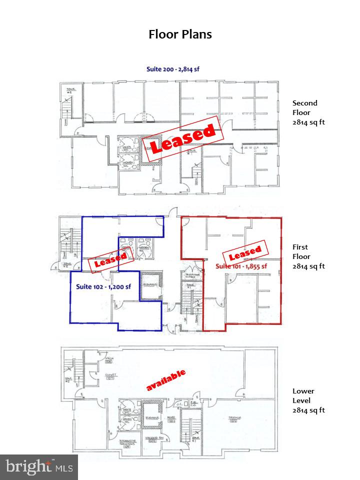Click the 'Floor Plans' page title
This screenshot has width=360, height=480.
click(180, 34)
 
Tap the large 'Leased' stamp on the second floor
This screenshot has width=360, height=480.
click(183, 139)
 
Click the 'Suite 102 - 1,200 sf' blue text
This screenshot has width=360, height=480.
click(103, 286)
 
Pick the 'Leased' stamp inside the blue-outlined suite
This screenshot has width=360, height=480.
click(111, 259)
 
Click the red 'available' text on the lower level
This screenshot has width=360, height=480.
click(165, 380)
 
